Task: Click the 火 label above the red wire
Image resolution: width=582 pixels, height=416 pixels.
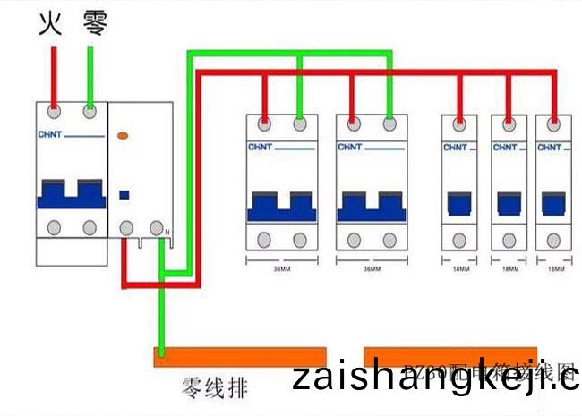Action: coord(50,23)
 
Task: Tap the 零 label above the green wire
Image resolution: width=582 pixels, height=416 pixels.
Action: coord(94,23)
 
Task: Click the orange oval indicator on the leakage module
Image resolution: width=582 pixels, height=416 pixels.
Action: coord(124,136)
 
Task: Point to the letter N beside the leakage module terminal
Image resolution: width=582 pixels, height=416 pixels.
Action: coord(167,234)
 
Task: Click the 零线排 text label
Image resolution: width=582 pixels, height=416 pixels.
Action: coord(215,387)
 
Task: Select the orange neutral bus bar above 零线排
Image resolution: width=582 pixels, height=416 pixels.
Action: coord(239,357)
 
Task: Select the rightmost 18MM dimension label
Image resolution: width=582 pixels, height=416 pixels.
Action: coord(556,267)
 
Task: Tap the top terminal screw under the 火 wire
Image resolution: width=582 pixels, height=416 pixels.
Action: coord(55,112)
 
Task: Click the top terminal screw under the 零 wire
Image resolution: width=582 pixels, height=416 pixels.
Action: coord(90,112)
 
